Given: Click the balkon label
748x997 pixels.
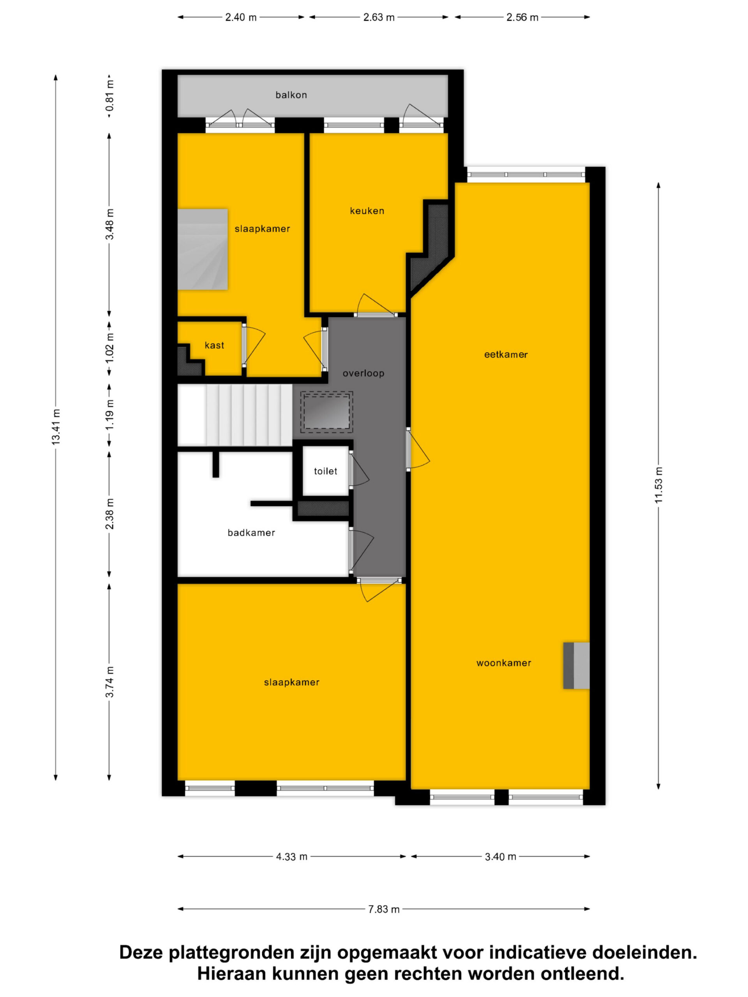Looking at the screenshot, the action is (291, 95).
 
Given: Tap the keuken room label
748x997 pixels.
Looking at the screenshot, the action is (367, 210).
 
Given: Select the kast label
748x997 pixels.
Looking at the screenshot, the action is (214, 345).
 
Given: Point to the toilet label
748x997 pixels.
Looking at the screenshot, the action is (326, 471).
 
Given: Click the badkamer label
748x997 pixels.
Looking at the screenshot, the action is (251, 533).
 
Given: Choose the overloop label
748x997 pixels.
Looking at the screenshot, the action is (363, 373).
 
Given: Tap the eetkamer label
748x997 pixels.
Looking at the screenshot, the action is (506, 354).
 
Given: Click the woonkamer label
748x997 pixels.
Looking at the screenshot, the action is (504, 663).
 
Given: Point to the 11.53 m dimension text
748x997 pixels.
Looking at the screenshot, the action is (659, 485).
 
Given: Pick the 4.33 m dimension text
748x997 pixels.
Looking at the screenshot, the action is (292, 856).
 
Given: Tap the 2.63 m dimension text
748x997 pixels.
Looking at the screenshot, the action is (379, 17).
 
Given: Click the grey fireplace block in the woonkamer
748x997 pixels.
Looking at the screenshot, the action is (576, 666).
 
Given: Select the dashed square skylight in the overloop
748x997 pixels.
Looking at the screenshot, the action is (327, 412).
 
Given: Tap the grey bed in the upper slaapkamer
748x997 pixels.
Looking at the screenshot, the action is (203, 249).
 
